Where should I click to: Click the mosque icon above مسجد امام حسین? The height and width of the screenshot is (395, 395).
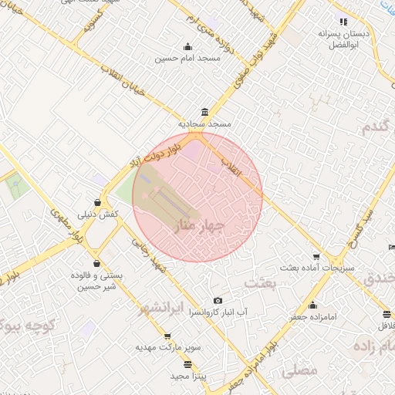pyautogui.click(x=188, y=46)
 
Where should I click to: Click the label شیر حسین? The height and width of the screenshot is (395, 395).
pyautogui.click(x=93, y=287)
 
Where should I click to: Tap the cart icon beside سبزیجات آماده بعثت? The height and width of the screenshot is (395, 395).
pyautogui.click(x=316, y=256)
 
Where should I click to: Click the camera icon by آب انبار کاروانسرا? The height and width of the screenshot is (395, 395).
pyautogui.click(x=218, y=301)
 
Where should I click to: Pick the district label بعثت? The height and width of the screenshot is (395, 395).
pyautogui.click(x=260, y=284)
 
